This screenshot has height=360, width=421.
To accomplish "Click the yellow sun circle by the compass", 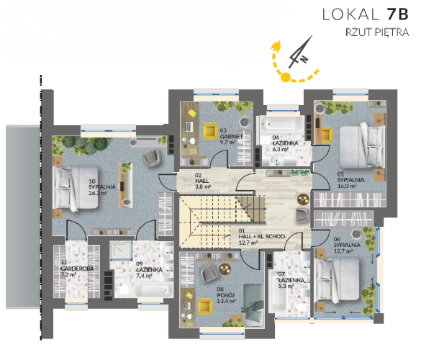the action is pyautogui.click(x=286, y=77).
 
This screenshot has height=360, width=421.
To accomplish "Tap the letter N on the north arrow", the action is pyautogui.click(x=304, y=59).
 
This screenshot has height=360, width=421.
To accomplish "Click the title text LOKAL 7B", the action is pyautogui.click(x=365, y=14).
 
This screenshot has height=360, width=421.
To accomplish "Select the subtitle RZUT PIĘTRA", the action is pyautogui.click(x=377, y=32).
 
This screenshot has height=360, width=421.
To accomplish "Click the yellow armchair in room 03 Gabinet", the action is pyautogui.click(x=210, y=131).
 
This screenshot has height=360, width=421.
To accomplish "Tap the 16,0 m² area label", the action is pyautogui.click(x=347, y=186).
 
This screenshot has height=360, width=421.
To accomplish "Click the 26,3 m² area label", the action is pyautogui.click(x=98, y=193).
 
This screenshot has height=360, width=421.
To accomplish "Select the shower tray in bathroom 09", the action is pyautogui.click(x=122, y=251).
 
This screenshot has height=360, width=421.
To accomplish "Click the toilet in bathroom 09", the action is pyautogui.click(x=124, y=289).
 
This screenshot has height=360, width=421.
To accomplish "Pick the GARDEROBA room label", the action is pyautogui.click(x=77, y=269).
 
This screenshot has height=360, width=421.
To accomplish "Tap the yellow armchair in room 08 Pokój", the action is pyautogui.click(x=205, y=307).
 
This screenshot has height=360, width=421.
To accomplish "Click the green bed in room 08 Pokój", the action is pyautogui.click(x=253, y=305).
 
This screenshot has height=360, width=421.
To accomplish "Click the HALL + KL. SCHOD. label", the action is pyautogui.click(x=262, y=236).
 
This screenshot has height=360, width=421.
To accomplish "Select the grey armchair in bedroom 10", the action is pyautogui.click(x=152, y=158).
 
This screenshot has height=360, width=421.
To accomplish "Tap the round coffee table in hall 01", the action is pyautogui.click(x=304, y=199).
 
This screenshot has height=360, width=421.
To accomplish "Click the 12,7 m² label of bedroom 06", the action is pyautogui.click(x=343, y=251).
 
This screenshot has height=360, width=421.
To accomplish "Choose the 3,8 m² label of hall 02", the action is pyautogui.click(x=203, y=186).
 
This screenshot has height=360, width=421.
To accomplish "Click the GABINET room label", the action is pyautogui.click(x=232, y=137).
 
